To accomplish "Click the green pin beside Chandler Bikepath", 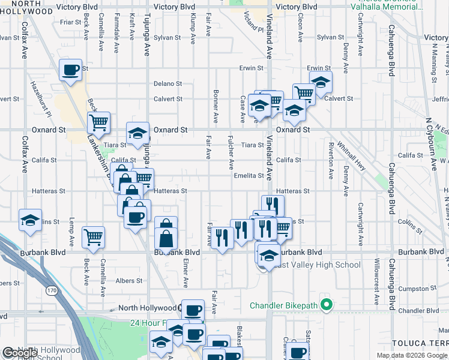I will click(x=327, y=306).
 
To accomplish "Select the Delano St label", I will click(x=167, y=83).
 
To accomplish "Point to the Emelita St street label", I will click(x=249, y=176).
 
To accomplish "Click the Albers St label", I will click(x=129, y=280).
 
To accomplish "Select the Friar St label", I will click(x=70, y=22).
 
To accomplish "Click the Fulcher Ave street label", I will click(x=231, y=151).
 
